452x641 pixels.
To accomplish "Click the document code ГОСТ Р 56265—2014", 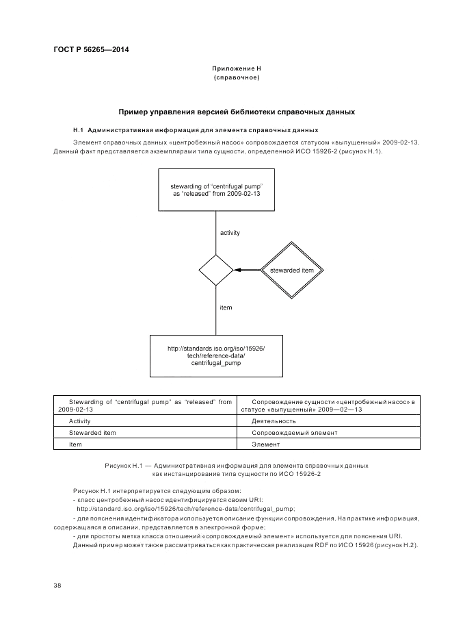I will pos(91,50).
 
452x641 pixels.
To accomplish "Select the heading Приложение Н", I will pos(237,69).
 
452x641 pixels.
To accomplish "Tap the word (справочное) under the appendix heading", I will pos(237,78).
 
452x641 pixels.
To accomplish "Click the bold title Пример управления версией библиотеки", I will pos(237,112).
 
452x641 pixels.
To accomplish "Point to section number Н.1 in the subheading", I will pos(78,130).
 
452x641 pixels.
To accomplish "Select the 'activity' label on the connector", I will pos(230,233).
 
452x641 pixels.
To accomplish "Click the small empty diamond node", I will pos(216,270).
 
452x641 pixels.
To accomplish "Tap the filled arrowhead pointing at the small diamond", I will pos(237,270).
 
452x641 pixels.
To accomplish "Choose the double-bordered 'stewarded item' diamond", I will pos(292,270).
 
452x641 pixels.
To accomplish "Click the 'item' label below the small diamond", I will pos(226,307).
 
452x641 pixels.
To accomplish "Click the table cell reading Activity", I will pos(80,421).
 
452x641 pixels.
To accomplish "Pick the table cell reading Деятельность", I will pos(274,421).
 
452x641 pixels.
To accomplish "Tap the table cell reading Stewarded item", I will pos(92,433).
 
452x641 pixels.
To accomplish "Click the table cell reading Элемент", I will pos(264,444).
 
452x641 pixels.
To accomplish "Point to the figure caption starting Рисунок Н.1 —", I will pos(237,469).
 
